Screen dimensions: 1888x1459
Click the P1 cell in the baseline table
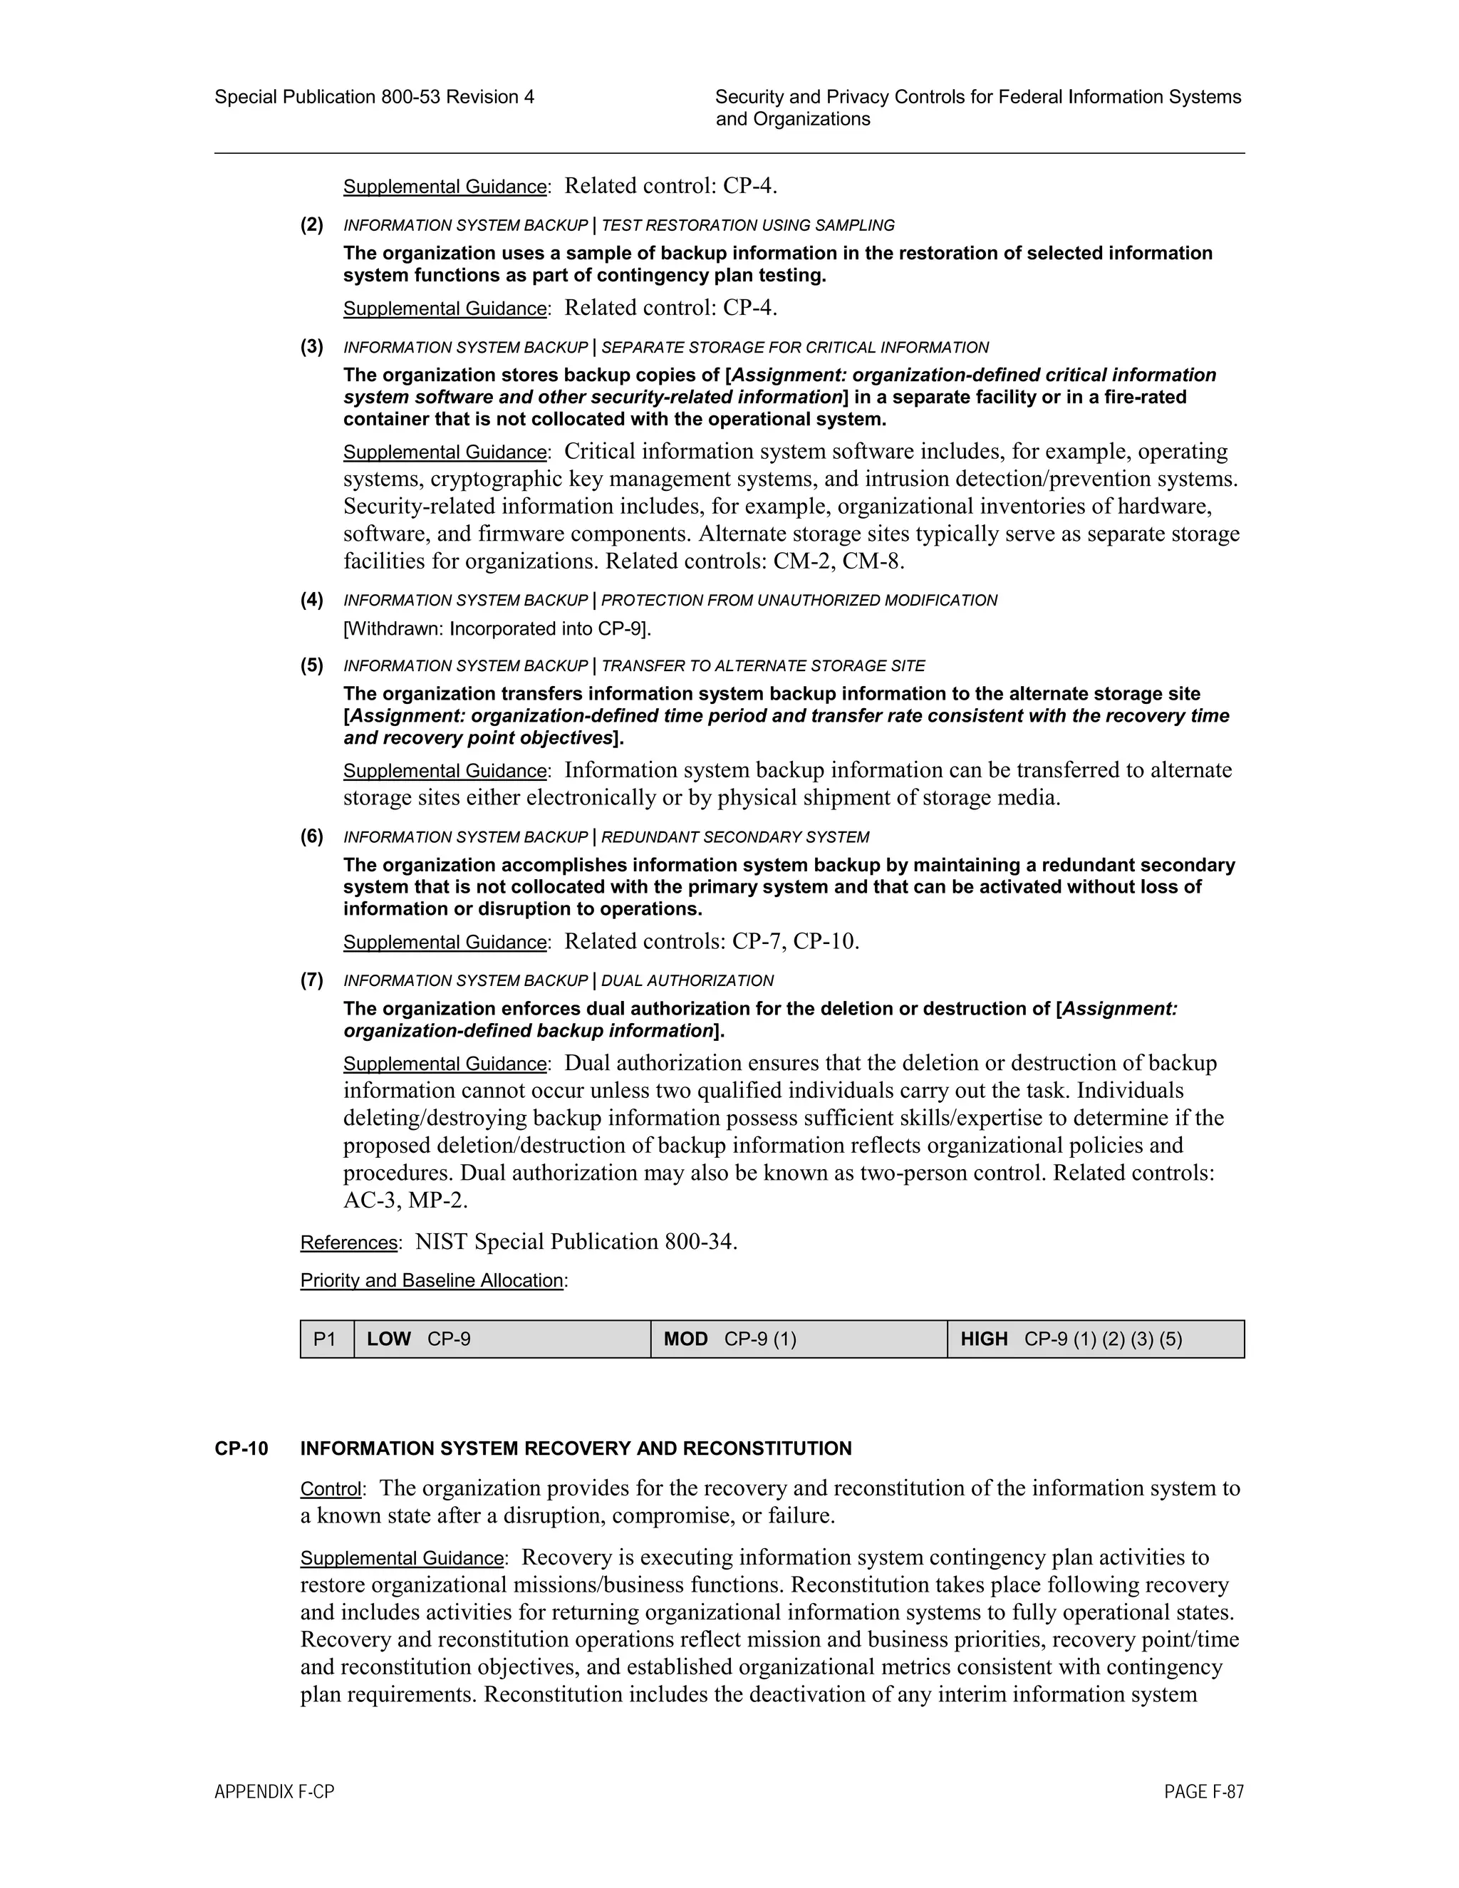(325, 1339)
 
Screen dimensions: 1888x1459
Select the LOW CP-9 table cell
(502, 1339)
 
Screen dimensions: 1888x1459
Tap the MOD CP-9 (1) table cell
(799, 1339)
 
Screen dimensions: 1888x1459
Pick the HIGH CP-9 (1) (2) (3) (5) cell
(1095, 1339)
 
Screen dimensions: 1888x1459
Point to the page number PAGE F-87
(1203, 1792)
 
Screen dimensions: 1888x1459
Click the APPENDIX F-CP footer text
(274, 1792)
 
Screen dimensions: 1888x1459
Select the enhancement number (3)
(312, 347)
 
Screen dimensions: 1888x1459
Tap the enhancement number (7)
(312, 980)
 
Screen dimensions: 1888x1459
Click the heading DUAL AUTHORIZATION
(687, 981)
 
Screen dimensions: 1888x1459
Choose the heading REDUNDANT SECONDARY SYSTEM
(734, 838)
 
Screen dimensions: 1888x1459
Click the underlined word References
(349, 1243)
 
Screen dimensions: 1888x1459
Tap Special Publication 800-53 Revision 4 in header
(374, 97)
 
